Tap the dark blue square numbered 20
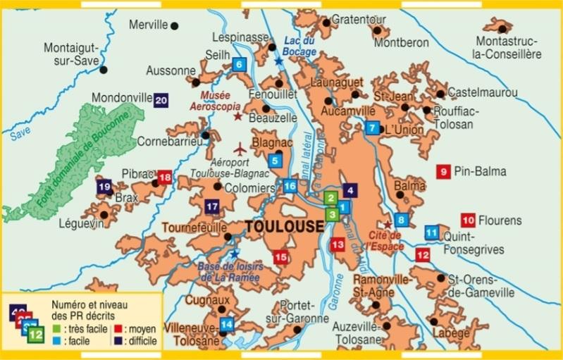click(161, 100)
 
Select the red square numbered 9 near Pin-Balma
click(444, 170)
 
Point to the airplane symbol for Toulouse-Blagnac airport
click(240, 149)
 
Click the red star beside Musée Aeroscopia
click(237, 116)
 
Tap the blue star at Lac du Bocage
click(279, 62)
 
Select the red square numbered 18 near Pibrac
click(165, 178)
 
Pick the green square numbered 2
click(330, 199)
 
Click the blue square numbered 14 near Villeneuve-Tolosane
click(226, 325)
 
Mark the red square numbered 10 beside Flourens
click(468, 220)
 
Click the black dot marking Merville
click(175, 26)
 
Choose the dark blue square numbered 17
click(212, 207)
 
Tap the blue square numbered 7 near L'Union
click(372, 128)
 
